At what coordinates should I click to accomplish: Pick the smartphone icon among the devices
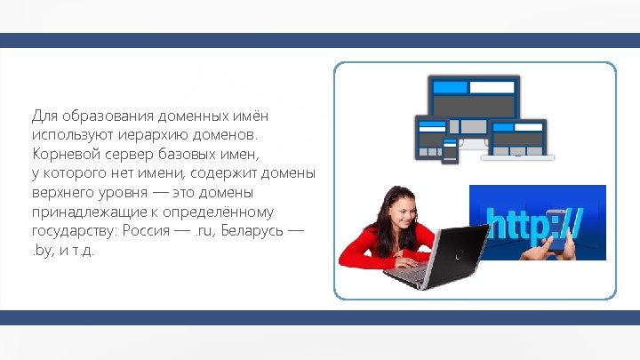tap(450, 150)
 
